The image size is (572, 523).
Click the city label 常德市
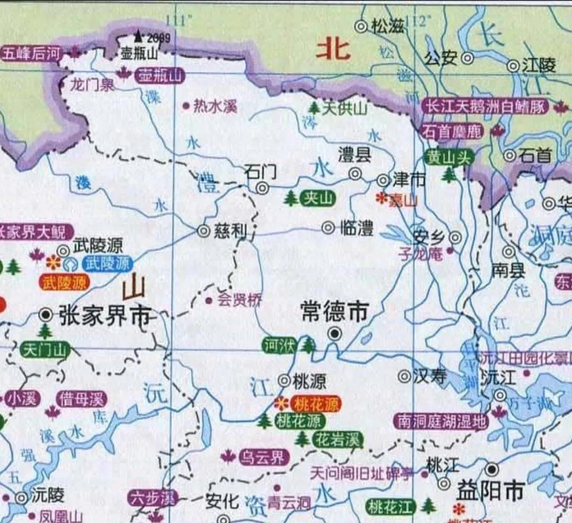point(334,311)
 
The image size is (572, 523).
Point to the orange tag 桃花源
point(317,405)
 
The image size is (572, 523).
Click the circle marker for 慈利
point(203,231)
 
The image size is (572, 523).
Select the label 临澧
point(356,228)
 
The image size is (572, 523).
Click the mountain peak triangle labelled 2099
point(138,37)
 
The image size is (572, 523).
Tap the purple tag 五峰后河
point(32,53)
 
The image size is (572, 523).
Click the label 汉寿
point(430,376)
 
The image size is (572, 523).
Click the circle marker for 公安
point(467,58)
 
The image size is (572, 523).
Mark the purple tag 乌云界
point(264,457)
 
